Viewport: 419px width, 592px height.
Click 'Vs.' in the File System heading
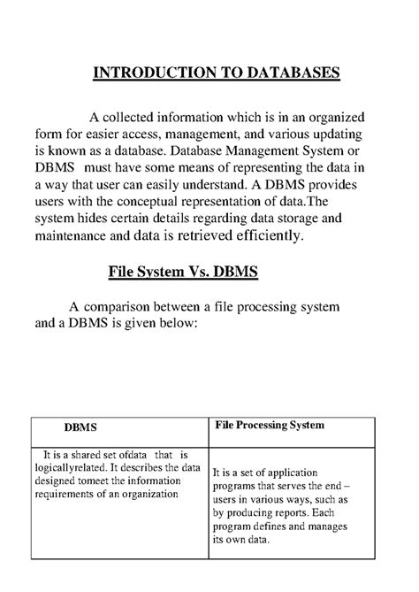click(x=208, y=272)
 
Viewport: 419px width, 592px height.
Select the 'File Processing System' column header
click(x=270, y=426)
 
